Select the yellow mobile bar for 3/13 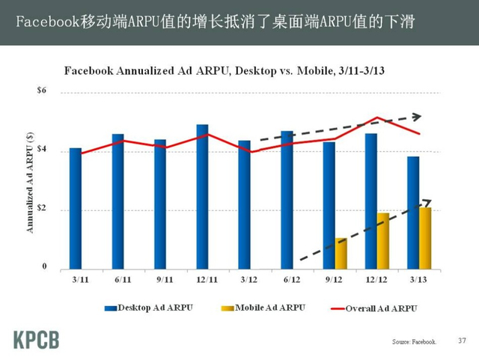(x=425, y=237)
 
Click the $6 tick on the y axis (x=42, y=91)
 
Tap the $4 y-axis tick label (x=42, y=150)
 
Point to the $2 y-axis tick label (x=42, y=209)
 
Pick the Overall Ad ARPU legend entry (x=374, y=308)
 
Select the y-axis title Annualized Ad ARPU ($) (x=31, y=181)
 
